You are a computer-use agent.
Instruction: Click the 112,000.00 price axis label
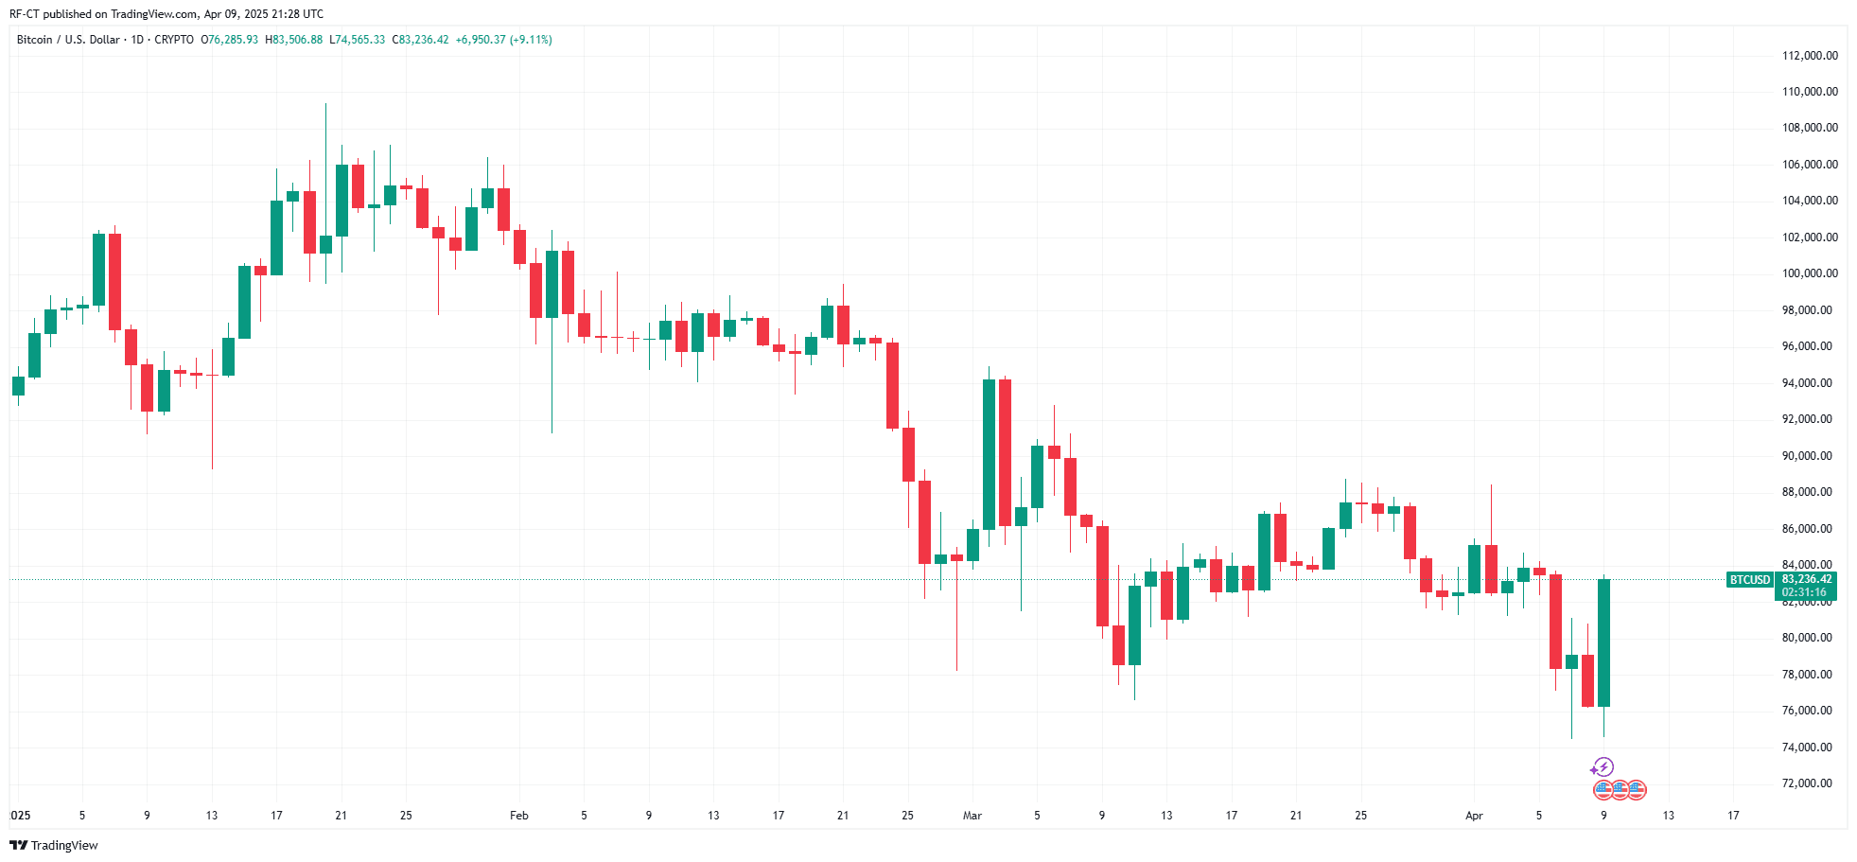pyautogui.click(x=1810, y=56)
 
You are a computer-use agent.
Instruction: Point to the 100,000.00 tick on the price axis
pyautogui.click(x=1810, y=273)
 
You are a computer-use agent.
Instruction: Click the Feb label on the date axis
pyautogui.click(x=518, y=816)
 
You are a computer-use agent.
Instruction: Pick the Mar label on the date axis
pyautogui.click(x=972, y=816)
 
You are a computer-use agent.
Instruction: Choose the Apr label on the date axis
pyautogui.click(x=1474, y=816)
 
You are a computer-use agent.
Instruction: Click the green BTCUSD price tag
pyautogui.click(x=1749, y=580)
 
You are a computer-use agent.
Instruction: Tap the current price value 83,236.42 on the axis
pyautogui.click(x=1807, y=579)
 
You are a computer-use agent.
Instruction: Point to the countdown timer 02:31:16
pyautogui.click(x=1804, y=592)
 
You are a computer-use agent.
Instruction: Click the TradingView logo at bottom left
pyautogui.click(x=54, y=846)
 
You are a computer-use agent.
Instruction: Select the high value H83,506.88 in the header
pyautogui.click(x=294, y=40)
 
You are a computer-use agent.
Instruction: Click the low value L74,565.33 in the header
pyautogui.click(x=357, y=40)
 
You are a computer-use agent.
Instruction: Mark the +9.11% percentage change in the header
pyautogui.click(x=531, y=40)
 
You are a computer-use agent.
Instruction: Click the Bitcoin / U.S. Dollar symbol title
pyautogui.click(x=68, y=40)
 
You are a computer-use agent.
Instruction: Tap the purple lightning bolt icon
pyautogui.click(x=1603, y=767)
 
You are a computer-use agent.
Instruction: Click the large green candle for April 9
pyautogui.click(x=1603, y=643)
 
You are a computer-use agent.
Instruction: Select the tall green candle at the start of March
pyautogui.click(x=989, y=454)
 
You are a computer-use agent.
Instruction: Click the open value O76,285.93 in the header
pyautogui.click(x=230, y=40)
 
